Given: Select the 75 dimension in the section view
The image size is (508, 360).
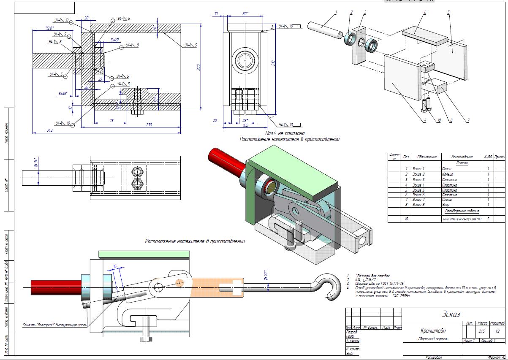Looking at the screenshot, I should click(111, 121).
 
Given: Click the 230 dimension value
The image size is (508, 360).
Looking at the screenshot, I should click(149, 124).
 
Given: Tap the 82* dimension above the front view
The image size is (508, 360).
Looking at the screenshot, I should click(245, 14).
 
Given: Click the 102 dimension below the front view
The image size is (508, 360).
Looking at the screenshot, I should click(246, 125).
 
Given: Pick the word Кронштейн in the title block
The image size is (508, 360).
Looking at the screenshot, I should click(433, 331).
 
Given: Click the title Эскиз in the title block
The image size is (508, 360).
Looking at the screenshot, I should click(451, 314).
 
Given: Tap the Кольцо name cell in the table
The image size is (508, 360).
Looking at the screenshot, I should click(448, 174).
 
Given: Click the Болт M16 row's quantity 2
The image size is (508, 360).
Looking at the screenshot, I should click(488, 219).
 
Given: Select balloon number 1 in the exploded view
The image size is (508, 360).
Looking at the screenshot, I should click(336, 12).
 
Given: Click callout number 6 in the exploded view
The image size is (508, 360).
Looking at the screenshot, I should click(425, 12).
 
